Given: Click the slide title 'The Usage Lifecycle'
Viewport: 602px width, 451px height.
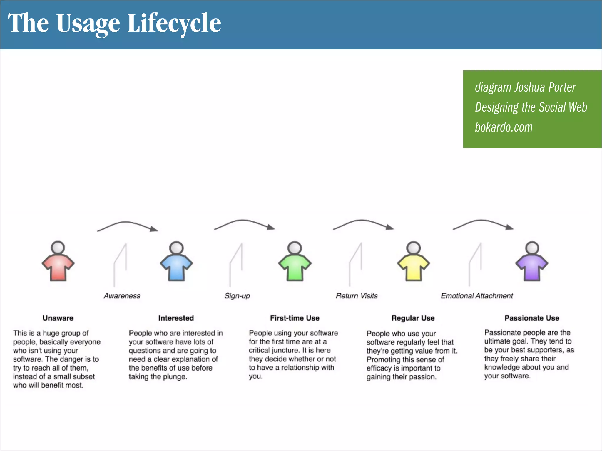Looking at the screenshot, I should click(114, 23).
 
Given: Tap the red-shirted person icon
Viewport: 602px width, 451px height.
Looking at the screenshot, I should click(58, 262).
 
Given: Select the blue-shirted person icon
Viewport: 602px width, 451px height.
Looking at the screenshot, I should click(176, 262).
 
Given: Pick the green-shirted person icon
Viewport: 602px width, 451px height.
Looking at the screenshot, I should click(295, 262).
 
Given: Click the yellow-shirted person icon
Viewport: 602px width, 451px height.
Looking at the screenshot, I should click(413, 262).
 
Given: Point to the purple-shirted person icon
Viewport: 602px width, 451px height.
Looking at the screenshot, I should click(532, 262).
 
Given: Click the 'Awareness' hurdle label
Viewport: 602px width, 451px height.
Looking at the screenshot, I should click(122, 296).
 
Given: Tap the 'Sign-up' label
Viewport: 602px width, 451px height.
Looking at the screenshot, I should click(237, 296).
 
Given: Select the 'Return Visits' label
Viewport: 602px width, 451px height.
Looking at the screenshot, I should click(357, 296).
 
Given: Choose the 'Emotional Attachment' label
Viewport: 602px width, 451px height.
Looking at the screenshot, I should click(477, 296).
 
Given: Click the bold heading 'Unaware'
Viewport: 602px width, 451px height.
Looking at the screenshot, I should click(58, 318).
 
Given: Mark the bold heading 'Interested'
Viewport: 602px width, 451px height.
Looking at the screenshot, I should click(176, 318).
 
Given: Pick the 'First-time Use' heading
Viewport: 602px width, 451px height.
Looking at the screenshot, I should click(295, 318).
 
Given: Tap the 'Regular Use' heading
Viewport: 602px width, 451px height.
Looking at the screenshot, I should click(413, 318).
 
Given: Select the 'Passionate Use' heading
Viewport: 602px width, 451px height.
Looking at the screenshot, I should click(532, 318).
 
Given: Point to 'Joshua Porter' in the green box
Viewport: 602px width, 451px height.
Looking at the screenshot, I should click(545, 87).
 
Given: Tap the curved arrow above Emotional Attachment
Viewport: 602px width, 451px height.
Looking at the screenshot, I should click(483, 223).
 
